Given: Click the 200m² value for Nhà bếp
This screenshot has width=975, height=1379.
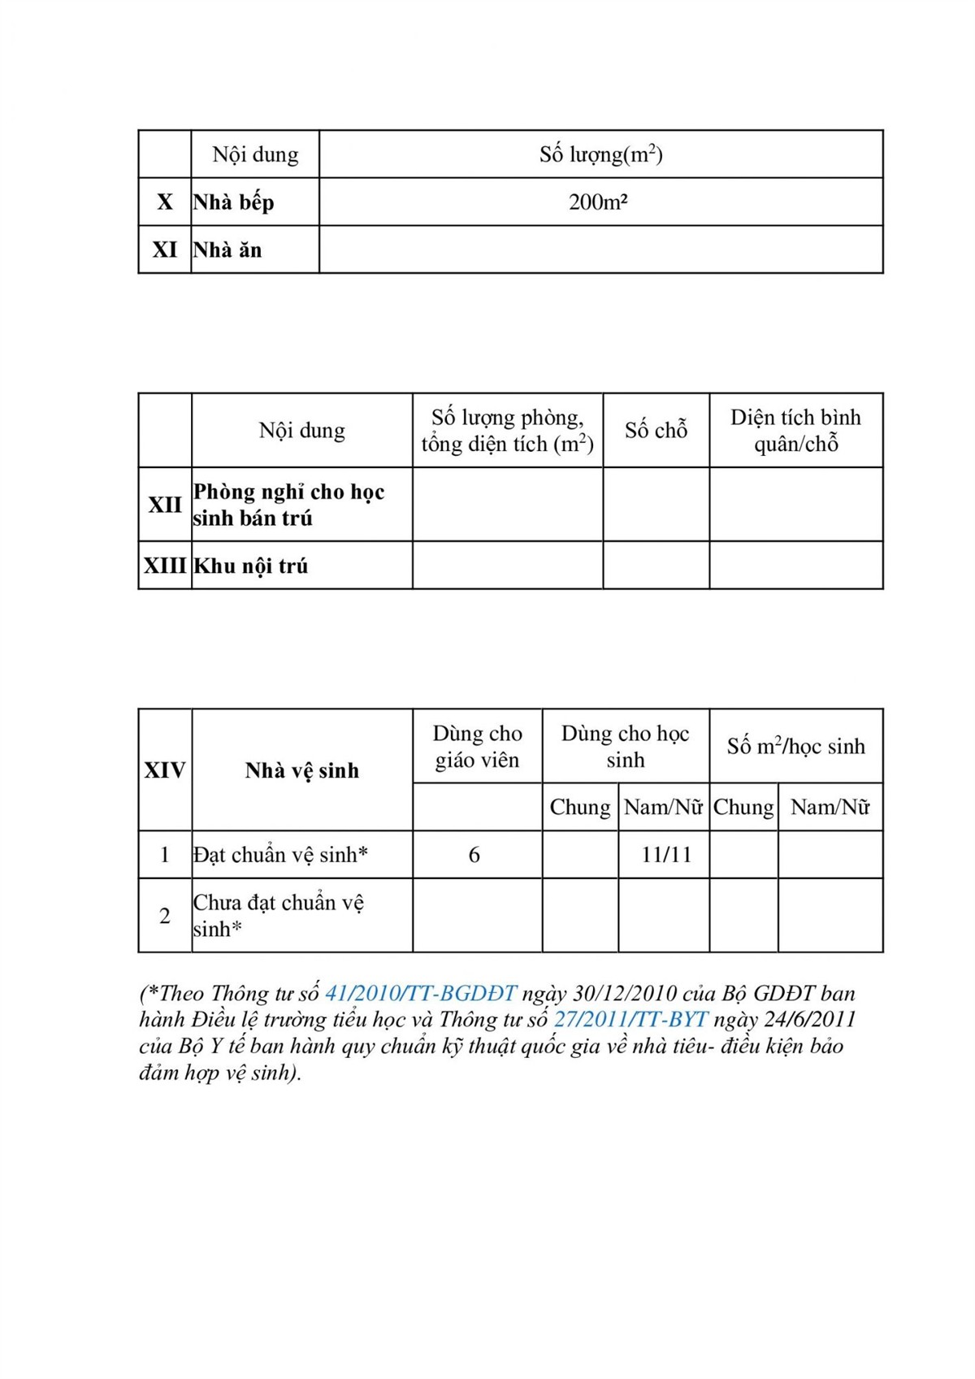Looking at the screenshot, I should tap(598, 202).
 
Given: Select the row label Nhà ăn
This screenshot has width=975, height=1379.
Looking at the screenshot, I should tap(227, 250).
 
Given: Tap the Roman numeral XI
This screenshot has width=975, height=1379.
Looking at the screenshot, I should tap(165, 250).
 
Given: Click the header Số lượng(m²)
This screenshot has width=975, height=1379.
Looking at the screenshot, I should tap(600, 154).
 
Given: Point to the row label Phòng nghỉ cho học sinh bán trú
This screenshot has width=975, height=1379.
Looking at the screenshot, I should tap(288, 505).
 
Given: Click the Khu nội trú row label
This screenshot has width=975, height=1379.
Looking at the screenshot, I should tap(250, 566).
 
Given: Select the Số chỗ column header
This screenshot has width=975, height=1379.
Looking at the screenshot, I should tap(656, 431).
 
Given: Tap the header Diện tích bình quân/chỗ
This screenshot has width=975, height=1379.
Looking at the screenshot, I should tap(795, 431).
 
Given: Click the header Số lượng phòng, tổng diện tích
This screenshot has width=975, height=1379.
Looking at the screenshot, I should tap(507, 431).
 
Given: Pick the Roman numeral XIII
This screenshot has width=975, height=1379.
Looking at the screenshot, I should tap(165, 566).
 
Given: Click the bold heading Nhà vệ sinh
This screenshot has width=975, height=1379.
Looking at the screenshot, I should tap(301, 770).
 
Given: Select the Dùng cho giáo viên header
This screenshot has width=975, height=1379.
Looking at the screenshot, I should tap(477, 747).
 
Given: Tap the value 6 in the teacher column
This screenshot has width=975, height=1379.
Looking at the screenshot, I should tap(474, 855).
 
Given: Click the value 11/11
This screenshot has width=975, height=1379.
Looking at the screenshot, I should tap(666, 855).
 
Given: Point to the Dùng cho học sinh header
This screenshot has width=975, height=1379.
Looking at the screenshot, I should tap(625, 747).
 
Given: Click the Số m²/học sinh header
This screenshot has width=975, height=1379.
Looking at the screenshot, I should tap(795, 747).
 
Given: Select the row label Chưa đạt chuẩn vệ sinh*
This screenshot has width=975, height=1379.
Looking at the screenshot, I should tap(278, 916).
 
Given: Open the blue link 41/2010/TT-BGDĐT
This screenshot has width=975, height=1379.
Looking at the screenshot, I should tap(421, 994).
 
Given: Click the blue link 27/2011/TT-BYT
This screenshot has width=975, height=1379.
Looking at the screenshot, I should tap(630, 1020).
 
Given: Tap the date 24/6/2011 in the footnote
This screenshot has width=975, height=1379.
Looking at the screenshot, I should tap(809, 1020).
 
